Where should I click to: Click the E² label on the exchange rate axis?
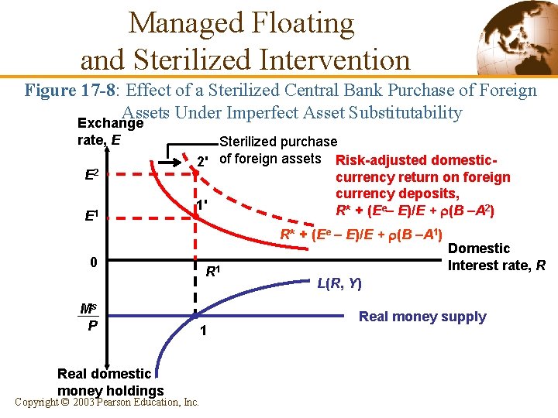click(91, 175)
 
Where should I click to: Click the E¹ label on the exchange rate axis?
click(91, 215)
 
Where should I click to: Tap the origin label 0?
click(93, 262)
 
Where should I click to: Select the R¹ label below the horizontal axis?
click(213, 272)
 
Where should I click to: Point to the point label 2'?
click(202, 162)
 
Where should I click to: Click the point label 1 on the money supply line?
click(201, 331)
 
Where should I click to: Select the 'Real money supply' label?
click(422, 316)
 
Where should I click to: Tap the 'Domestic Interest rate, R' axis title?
click(496, 257)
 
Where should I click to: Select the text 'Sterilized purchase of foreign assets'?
click(275, 151)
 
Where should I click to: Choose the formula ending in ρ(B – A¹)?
click(360, 233)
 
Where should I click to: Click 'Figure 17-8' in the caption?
click(68, 91)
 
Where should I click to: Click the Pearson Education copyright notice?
click(107, 402)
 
